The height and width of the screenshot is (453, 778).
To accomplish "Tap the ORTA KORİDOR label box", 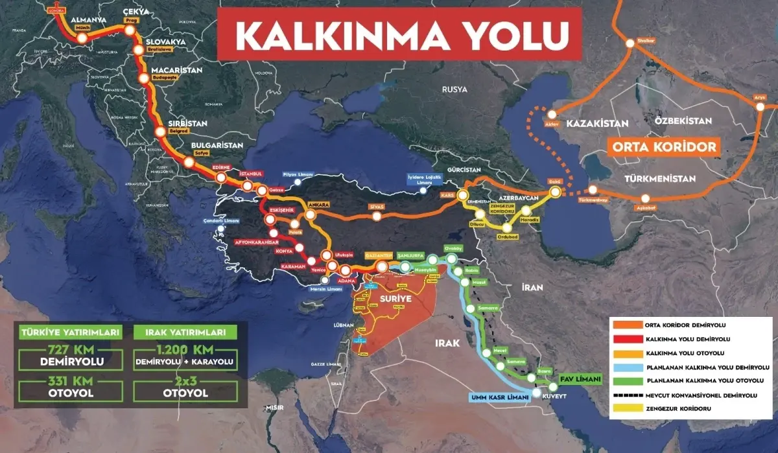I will (664, 147).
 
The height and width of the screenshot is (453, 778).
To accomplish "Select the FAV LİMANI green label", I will (578, 378).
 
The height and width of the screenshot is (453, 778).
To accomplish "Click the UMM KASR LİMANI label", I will (498, 398).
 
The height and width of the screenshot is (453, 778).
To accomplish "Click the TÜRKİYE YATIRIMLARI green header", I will (71, 332).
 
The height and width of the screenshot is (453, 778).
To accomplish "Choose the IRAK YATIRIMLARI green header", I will (185, 332).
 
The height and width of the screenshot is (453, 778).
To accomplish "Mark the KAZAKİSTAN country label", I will (597, 123).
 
